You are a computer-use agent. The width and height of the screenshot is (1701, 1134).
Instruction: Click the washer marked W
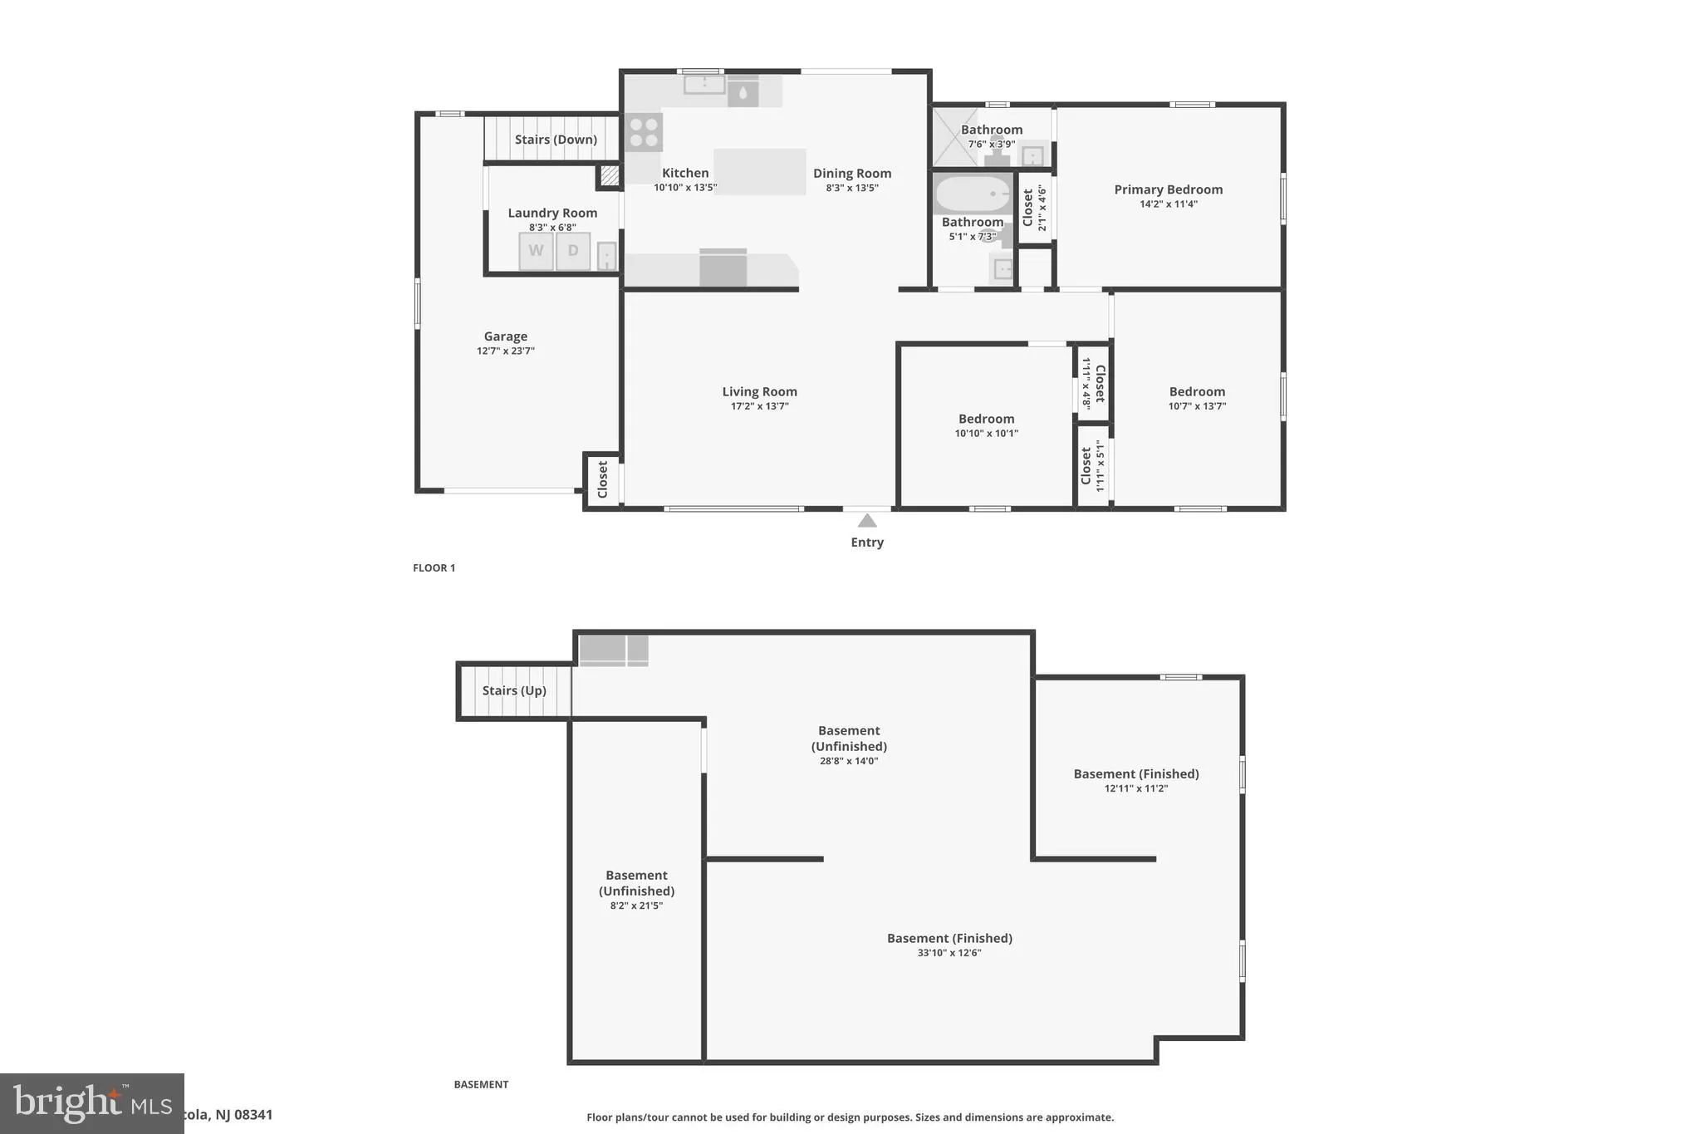[x=536, y=251]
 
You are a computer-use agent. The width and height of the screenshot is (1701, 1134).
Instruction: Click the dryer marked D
[x=572, y=251]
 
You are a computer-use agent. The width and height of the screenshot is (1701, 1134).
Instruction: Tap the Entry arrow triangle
[x=867, y=521]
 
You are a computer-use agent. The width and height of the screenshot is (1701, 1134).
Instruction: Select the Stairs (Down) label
[x=556, y=140]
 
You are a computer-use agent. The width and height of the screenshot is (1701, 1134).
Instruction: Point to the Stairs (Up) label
[x=514, y=690]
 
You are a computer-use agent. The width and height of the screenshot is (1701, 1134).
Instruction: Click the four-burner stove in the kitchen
[x=644, y=132]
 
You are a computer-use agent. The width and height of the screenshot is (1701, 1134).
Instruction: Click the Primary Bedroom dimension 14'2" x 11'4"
[x=1168, y=204]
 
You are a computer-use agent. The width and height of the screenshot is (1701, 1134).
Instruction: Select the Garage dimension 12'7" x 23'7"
[x=505, y=351]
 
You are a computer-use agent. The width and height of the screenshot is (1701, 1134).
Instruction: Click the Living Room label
[x=759, y=391]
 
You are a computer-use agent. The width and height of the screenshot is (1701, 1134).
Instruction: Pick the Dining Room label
[x=851, y=173]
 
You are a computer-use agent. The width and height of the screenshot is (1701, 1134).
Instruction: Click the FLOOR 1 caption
[x=434, y=568]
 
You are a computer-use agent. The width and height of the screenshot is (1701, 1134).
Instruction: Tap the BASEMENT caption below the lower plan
[x=481, y=1084]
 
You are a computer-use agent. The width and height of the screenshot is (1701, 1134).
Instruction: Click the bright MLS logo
[x=91, y=1103]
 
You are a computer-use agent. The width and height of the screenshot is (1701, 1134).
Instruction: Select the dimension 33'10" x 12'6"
[x=949, y=953]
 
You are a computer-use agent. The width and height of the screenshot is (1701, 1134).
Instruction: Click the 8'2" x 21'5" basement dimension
[x=636, y=906]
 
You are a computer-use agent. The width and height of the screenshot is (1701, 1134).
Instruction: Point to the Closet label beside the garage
[x=603, y=479]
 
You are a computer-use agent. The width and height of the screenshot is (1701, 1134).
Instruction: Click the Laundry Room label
[x=552, y=213]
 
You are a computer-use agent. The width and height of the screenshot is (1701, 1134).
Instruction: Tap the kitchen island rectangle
[x=759, y=171]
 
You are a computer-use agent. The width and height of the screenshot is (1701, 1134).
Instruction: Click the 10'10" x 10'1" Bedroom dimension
[x=986, y=434]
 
